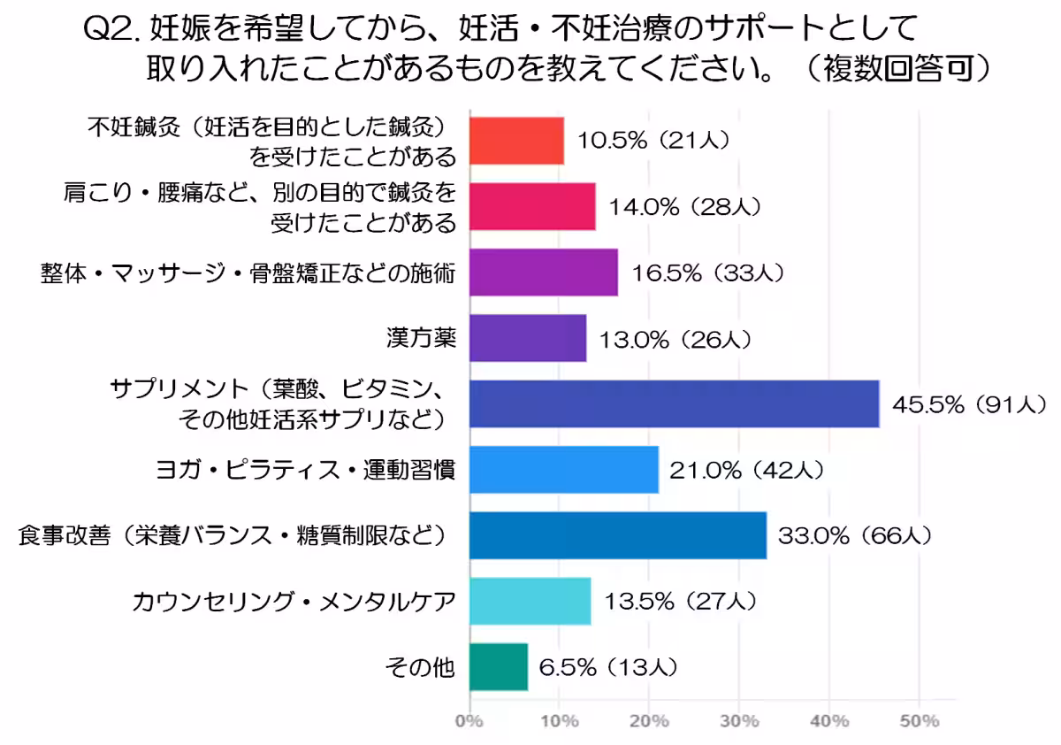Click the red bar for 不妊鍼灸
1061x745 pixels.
[516, 141]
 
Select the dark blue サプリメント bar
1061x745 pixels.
[674, 403]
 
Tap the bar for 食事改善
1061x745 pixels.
[617, 535]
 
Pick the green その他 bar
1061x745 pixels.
[498, 666]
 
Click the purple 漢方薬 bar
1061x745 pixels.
[527, 338]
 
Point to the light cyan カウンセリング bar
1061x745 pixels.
[530, 601]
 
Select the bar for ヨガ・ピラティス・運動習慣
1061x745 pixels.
[563, 469]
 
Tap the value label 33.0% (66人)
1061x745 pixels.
[853, 536]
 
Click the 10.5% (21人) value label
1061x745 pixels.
[653, 142]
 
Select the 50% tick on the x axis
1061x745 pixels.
[920, 720]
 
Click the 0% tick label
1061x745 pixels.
[469, 720]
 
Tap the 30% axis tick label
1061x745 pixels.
[739, 720]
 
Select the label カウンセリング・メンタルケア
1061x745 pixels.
[294, 602]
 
